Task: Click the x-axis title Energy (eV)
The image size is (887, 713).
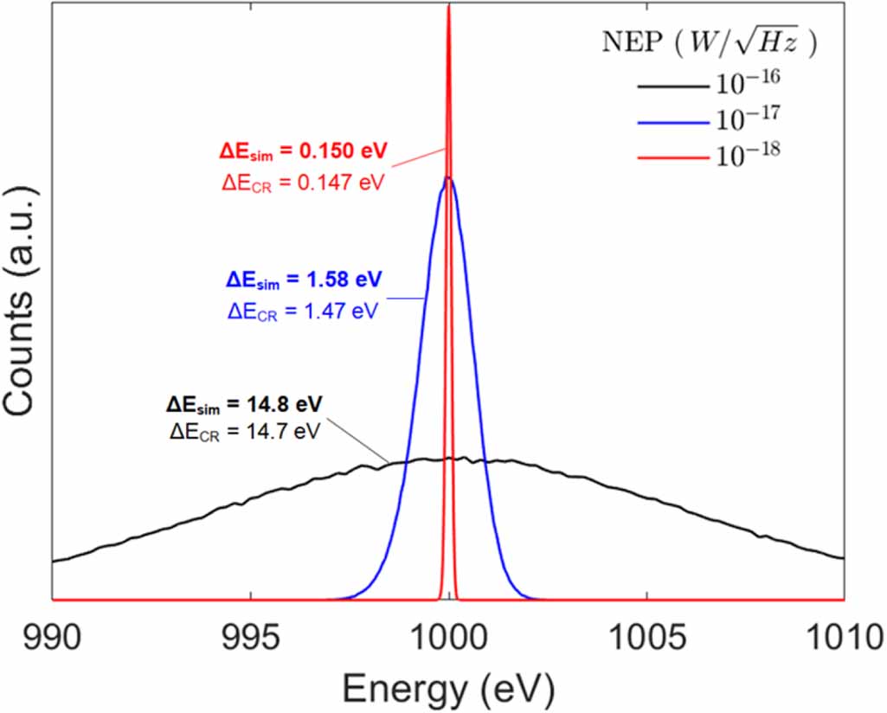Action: (x=448, y=689)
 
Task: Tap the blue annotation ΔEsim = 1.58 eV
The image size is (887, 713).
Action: (x=304, y=279)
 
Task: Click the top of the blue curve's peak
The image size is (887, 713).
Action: (x=448, y=178)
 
